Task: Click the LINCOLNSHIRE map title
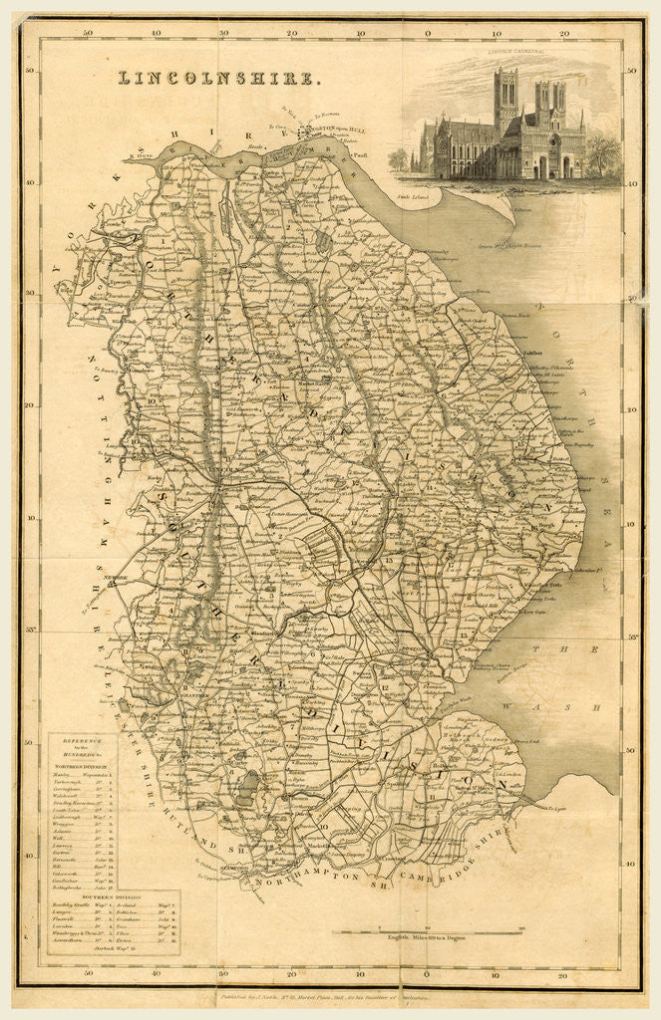pos(219,77)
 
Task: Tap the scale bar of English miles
pos(429,930)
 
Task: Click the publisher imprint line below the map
pos(329,995)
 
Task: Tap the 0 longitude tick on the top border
pos(428,33)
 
